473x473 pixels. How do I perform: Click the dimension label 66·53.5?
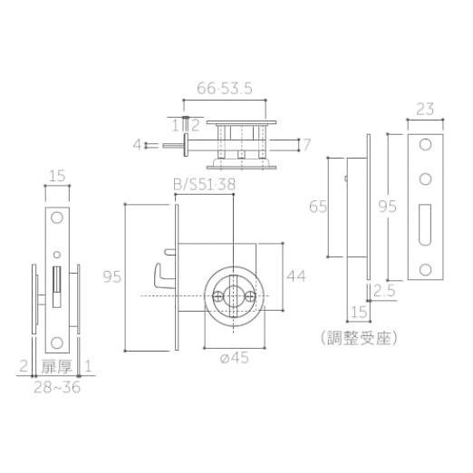225,89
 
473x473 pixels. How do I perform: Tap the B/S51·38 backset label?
205,184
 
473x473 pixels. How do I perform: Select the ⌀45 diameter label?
235,358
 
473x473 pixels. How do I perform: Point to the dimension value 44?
296,276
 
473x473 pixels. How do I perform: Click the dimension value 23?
425,109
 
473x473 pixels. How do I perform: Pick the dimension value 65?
318,207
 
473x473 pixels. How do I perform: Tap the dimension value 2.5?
384,291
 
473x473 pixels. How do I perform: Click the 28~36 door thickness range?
57,387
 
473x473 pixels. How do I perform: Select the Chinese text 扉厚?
57,367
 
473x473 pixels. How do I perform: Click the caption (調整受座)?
359,338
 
